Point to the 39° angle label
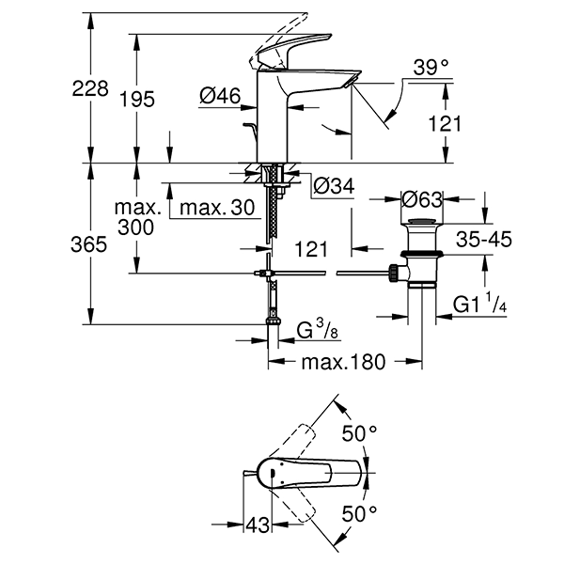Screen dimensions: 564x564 click(432, 68)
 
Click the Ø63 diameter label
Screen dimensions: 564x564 click(420, 199)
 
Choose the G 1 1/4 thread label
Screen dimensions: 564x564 click(480, 305)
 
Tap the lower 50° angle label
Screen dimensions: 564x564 click(359, 514)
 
